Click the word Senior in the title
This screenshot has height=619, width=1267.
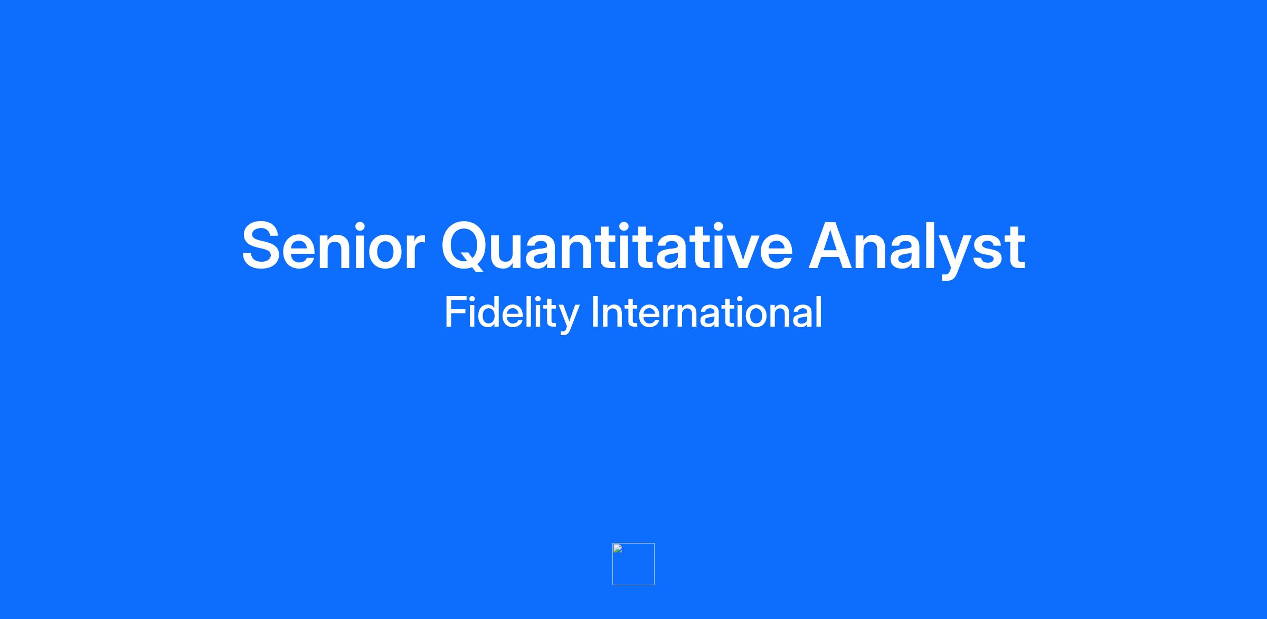(333, 246)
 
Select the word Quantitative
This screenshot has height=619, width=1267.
(617, 246)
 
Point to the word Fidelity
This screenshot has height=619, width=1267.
(512, 314)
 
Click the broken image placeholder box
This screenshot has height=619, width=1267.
(633, 564)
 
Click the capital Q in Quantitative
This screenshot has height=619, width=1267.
(467, 246)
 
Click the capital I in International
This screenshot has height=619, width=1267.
(595, 312)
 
